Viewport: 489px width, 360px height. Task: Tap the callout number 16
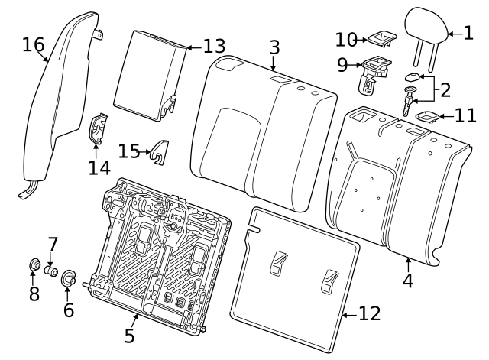[33, 45]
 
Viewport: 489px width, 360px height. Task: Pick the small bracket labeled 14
[97, 129]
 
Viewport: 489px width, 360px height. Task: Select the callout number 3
[274, 47]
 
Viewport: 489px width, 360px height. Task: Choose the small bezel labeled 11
[425, 116]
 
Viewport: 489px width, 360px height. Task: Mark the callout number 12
[368, 313]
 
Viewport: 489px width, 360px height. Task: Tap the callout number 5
[129, 334]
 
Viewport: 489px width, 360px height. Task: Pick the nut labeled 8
[34, 266]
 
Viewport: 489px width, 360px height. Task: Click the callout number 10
[346, 39]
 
